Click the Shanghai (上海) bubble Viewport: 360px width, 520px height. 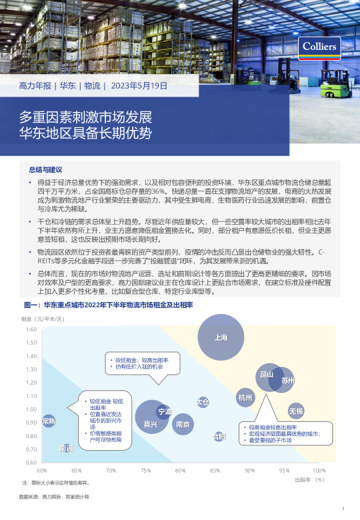click(221, 337)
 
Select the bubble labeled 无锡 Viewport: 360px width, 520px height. click(295, 409)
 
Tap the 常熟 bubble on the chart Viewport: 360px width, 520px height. click(49, 421)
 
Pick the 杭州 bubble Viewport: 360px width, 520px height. click(245, 398)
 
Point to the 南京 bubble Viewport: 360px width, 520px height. click(182, 424)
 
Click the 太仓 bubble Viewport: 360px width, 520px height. click(203, 402)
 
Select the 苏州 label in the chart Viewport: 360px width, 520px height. click(287, 380)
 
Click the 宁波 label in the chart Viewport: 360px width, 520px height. click(164, 411)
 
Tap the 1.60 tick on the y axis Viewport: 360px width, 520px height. click(31, 329)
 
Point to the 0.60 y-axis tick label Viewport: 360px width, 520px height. click(31, 462)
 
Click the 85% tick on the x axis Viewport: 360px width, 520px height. click(215, 471)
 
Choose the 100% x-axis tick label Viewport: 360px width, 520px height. click(319, 471)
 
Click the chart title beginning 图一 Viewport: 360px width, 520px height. click(108, 305)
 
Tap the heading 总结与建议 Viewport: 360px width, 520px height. click(50, 170)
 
